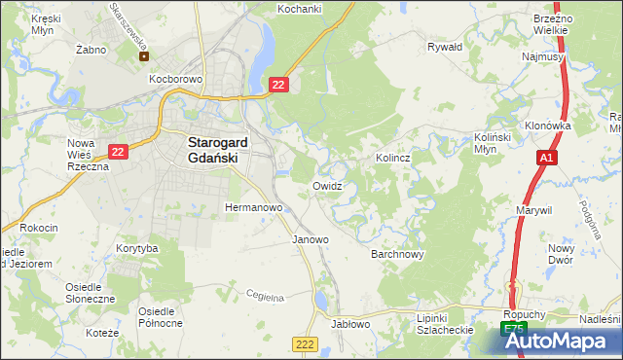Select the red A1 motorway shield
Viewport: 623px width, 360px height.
pos(547,158)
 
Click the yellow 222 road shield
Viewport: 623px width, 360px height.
pos(305,344)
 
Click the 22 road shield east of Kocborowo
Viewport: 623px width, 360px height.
pos(279,86)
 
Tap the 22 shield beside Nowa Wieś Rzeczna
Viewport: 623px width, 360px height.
pos(118,152)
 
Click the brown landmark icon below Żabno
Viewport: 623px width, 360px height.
pos(144,55)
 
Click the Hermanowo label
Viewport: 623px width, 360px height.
pos(253,208)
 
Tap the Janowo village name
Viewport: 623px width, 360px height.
pos(311,239)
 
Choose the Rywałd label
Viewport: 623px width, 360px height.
pos(444,46)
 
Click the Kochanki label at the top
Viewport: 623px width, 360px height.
pos(299,8)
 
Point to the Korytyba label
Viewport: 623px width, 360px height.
pos(136,249)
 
